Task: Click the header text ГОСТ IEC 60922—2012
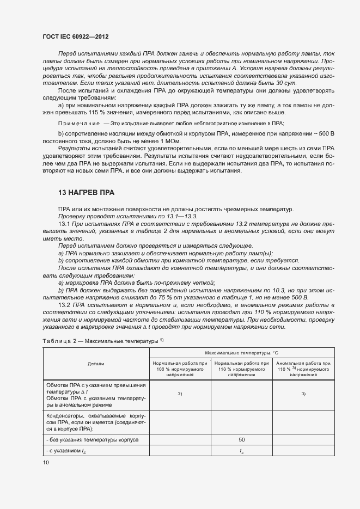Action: tap(75, 36)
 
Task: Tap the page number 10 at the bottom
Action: tap(46, 462)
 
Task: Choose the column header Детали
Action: tap(95, 363)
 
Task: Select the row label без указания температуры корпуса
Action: tap(93, 438)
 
